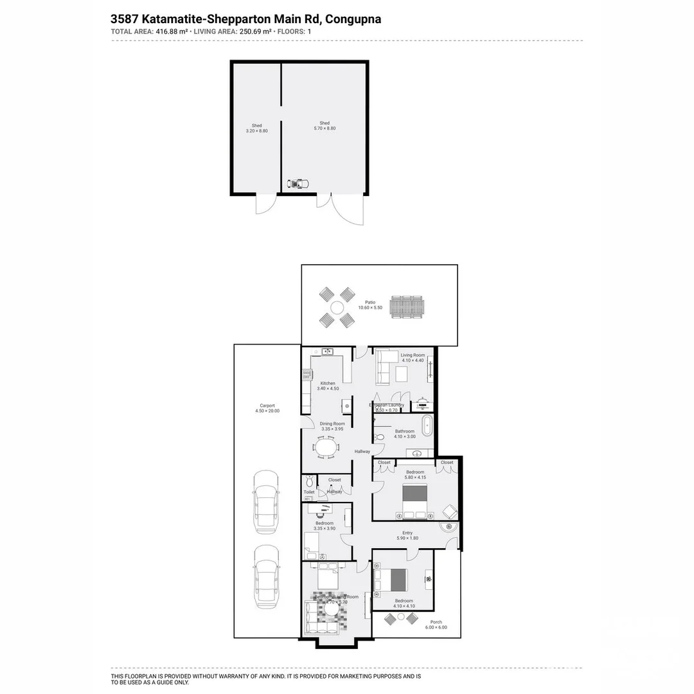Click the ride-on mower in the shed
297,184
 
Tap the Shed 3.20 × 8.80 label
256,129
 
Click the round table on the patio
337,307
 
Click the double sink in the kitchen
328,351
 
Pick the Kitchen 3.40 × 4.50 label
328,386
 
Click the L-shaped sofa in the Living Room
384,366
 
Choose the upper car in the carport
266,502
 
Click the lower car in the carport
266,576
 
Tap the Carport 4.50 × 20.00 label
267,408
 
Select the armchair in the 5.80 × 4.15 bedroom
450,512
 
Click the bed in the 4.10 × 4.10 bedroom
391,580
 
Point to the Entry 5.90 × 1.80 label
407,535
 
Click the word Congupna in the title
353,19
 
